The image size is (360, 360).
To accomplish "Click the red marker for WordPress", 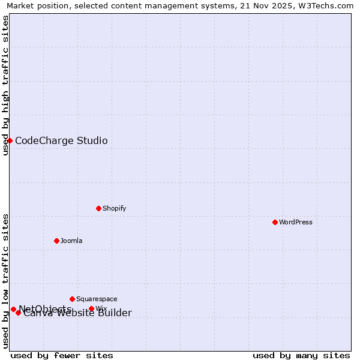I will pos(275,222).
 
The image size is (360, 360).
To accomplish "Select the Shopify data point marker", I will pos(98,208).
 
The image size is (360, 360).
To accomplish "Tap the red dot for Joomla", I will pos(56,241).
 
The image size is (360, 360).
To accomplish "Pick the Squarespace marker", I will pos(72,299).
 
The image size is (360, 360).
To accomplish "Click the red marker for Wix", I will pos(91,309).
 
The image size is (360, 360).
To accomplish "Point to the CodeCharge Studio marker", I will pos(10,140).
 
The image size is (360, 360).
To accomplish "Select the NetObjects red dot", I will pos(13,309).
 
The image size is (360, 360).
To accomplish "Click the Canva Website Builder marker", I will pos(18,313).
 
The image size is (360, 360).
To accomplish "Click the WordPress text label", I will pos(296,222).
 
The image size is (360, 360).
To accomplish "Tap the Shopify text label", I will pos(114,208).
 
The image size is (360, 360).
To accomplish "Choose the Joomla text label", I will pos(71,241).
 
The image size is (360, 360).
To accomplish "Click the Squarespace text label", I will pos(97,299).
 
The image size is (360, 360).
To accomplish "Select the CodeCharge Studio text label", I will pos(61,141).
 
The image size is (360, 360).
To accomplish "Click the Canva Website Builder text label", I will pos(77,313).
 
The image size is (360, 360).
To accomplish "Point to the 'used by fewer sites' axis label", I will pos(62,355).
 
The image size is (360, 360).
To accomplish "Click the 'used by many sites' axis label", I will pos(301,355).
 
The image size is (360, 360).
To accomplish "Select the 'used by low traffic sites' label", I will pos(5,280).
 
